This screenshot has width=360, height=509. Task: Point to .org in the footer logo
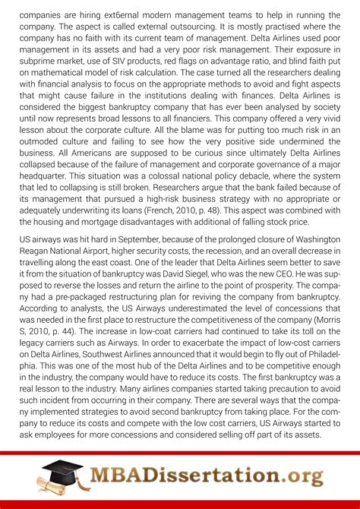point(298,477)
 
